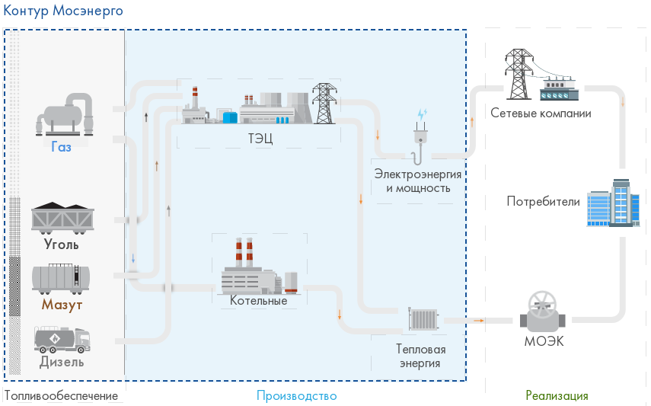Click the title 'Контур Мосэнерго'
tap(63, 12)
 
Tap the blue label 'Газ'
tap(62, 147)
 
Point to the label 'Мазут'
tap(62, 305)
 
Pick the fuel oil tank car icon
tap(62, 278)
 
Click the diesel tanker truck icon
tap(62, 339)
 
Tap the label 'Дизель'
tap(62, 362)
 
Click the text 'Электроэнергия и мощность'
tap(418, 181)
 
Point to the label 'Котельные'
tap(258, 301)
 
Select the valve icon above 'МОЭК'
tap(543, 308)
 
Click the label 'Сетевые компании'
tap(541, 113)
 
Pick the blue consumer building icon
tap(613, 203)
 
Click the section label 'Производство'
tap(296, 396)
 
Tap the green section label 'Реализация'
tap(557, 396)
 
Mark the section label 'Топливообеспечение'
tap(62, 396)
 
